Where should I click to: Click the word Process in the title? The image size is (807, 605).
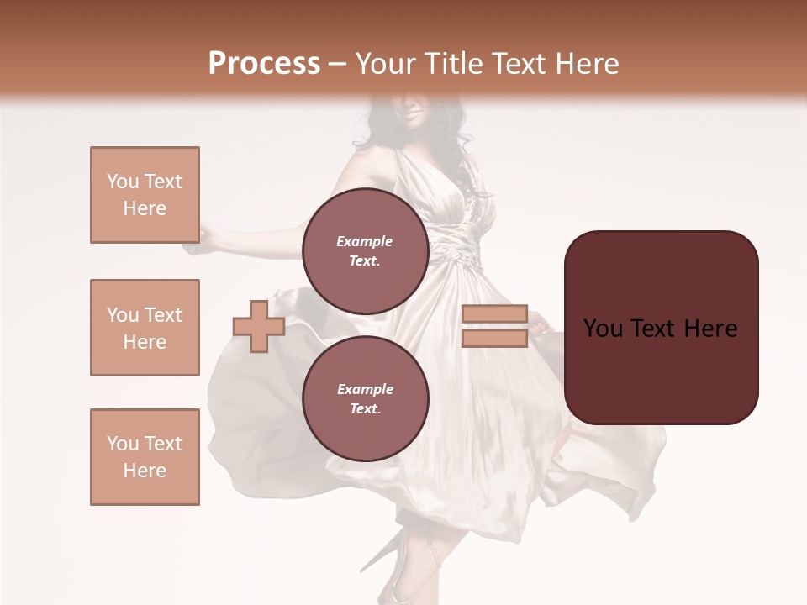click(264, 64)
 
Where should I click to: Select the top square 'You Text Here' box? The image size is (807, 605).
click(145, 195)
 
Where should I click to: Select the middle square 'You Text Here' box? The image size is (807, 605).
click(145, 328)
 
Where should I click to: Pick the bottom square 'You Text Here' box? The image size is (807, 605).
click(145, 457)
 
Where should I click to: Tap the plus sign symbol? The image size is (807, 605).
click(258, 327)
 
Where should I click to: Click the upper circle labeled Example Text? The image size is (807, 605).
click(365, 251)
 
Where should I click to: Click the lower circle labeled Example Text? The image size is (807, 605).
click(365, 399)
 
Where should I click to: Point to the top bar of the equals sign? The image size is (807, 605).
click(494, 314)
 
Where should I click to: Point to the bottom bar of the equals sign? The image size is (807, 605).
click(494, 339)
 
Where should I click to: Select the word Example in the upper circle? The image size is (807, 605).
click(365, 241)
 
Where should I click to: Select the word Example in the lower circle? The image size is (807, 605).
click(365, 389)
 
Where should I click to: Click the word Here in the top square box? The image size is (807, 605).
click(145, 208)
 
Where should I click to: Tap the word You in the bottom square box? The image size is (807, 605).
click(122, 444)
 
